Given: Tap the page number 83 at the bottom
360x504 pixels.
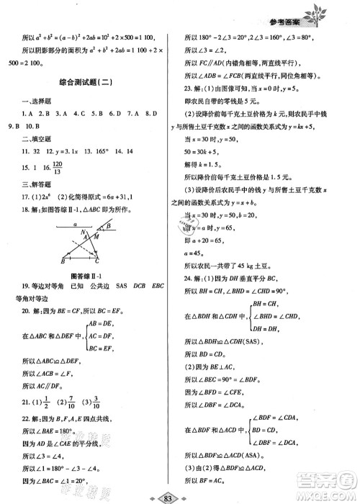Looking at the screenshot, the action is click(x=180, y=495).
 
